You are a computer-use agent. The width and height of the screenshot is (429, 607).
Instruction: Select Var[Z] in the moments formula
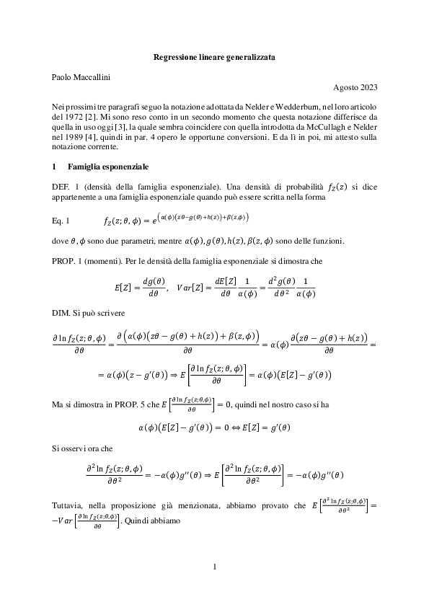tap(199, 287)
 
